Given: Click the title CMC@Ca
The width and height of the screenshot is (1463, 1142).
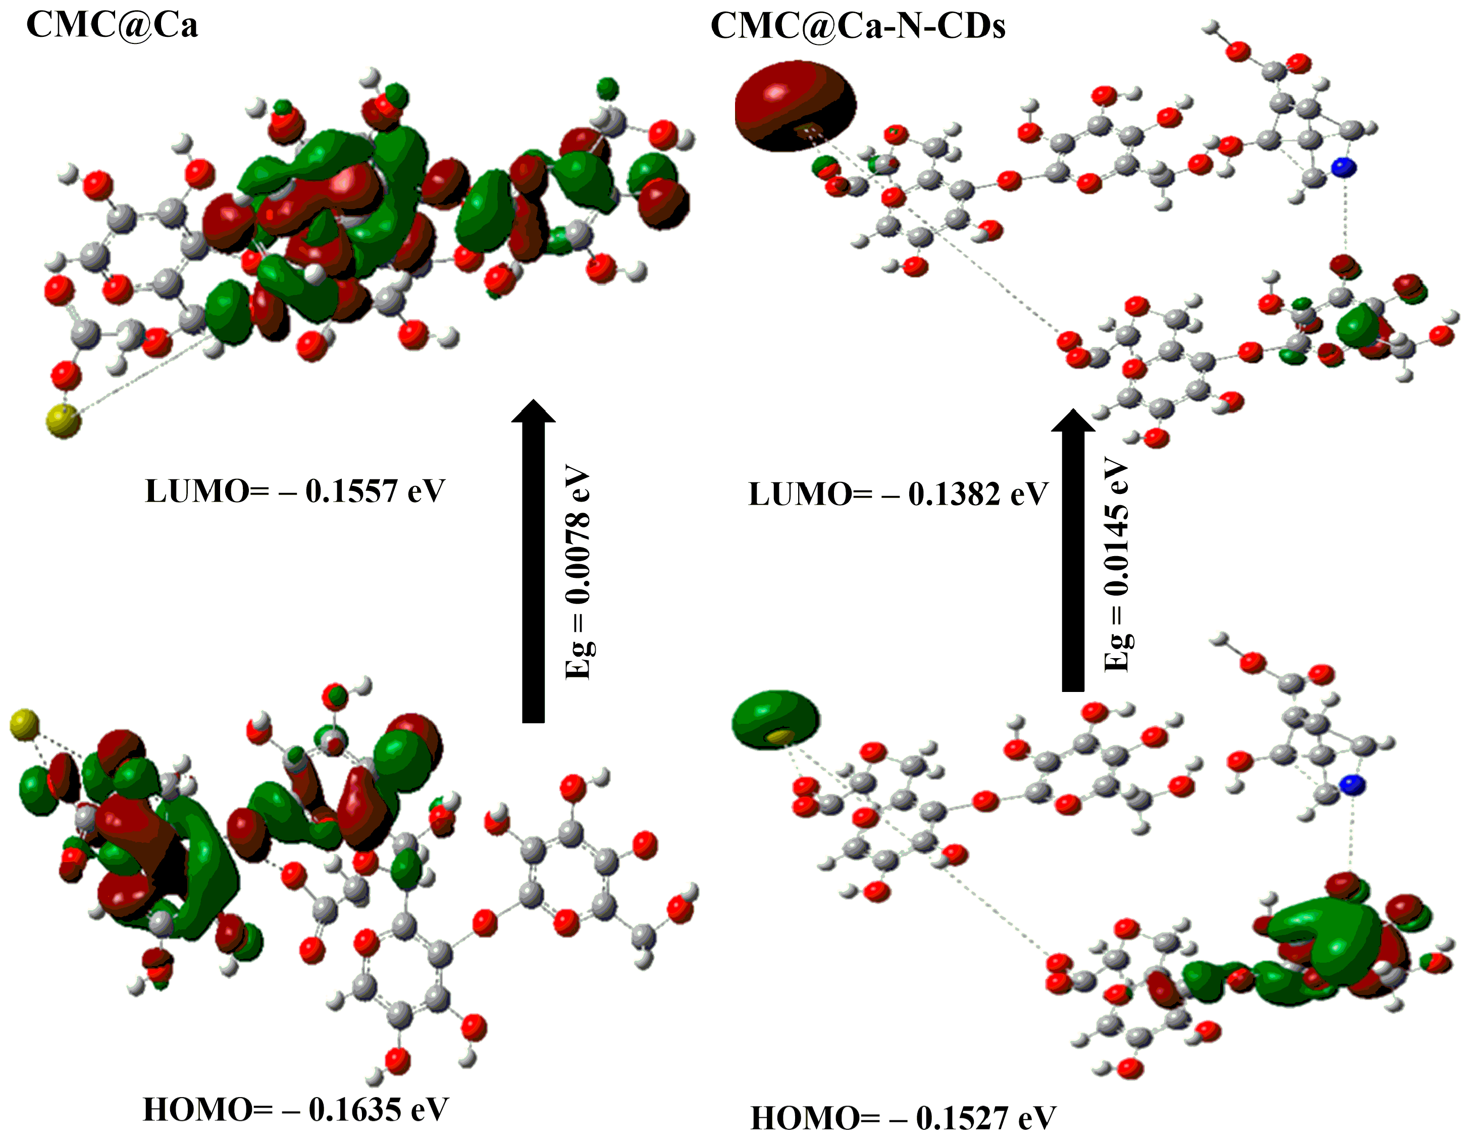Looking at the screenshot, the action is pyautogui.click(x=112, y=25).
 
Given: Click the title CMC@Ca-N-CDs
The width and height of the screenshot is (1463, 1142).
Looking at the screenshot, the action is pyautogui.click(x=857, y=27).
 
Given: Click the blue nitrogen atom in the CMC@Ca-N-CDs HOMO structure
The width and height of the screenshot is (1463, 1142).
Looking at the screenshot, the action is pyautogui.click(x=1352, y=785).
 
